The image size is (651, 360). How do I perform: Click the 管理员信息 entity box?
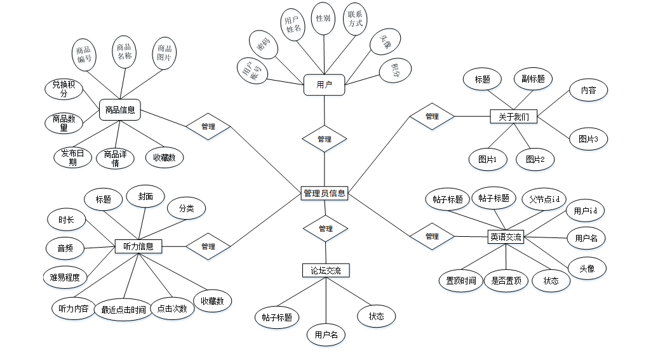click(325, 193)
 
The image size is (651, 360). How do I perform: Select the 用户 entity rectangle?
click(324, 84)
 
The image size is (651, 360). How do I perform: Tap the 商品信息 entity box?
click(120, 110)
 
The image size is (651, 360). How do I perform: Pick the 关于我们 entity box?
click(514, 117)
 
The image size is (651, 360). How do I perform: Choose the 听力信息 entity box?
click(138, 246)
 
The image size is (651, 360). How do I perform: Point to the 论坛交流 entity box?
click(326, 270)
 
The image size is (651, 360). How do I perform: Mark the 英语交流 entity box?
click(506, 237)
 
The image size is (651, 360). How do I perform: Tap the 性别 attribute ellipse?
click(323, 18)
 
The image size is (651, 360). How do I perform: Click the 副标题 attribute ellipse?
click(532, 79)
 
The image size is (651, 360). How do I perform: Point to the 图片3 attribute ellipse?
click(588, 139)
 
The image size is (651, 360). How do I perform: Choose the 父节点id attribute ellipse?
click(544, 199)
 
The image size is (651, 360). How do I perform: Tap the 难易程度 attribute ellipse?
click(64, 277)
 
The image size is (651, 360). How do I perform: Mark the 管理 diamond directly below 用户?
click(324, 139)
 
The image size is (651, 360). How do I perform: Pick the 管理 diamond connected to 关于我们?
click(432, 117)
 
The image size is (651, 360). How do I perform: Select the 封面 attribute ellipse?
click(145, 197)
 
